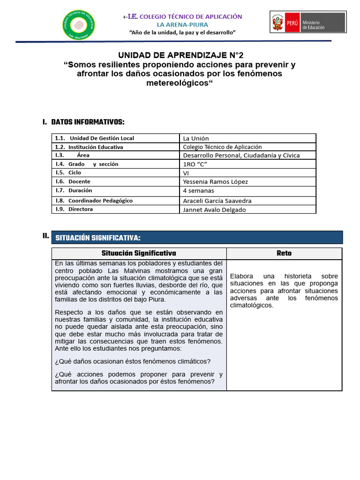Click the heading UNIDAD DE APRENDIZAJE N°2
[x=180, y=55]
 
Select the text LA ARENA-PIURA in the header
[x=182, y=24]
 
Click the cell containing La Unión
[x=196, y=138]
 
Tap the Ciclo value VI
[x=186, y=172]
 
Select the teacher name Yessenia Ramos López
[x=215, y=181]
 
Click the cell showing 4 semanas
[x=198, y=191]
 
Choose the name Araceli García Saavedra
[x=217, y=201]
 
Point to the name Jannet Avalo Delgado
[x=214, y=210]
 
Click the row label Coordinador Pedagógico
[x=100, y=201]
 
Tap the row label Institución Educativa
[x=96, y=147]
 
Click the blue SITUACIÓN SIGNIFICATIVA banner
[x=196, y=238]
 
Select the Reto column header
[x=284, y=253]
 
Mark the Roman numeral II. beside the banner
[x=45, y=236]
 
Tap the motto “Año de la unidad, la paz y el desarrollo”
[x=182, y=32]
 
